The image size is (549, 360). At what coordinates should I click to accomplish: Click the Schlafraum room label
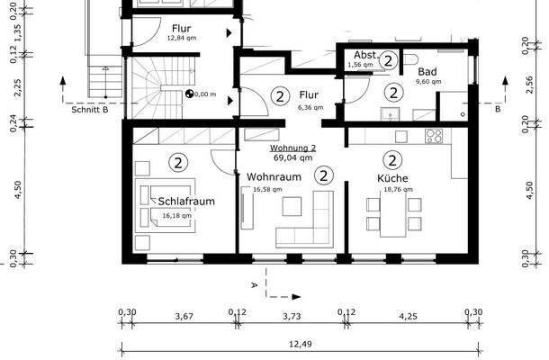(x=188, y=202)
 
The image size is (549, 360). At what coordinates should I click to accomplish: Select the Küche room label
(x=392, y=178)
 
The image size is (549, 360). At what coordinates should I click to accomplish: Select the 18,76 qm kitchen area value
(x=392, y=190)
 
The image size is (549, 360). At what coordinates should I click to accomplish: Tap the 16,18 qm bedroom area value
(x=177, y=216)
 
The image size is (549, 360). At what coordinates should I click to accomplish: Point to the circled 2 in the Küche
(x=392, y=161)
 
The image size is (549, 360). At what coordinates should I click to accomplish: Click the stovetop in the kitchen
(x=434, y=136)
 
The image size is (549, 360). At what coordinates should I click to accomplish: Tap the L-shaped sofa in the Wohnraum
(x=306, y=225)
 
